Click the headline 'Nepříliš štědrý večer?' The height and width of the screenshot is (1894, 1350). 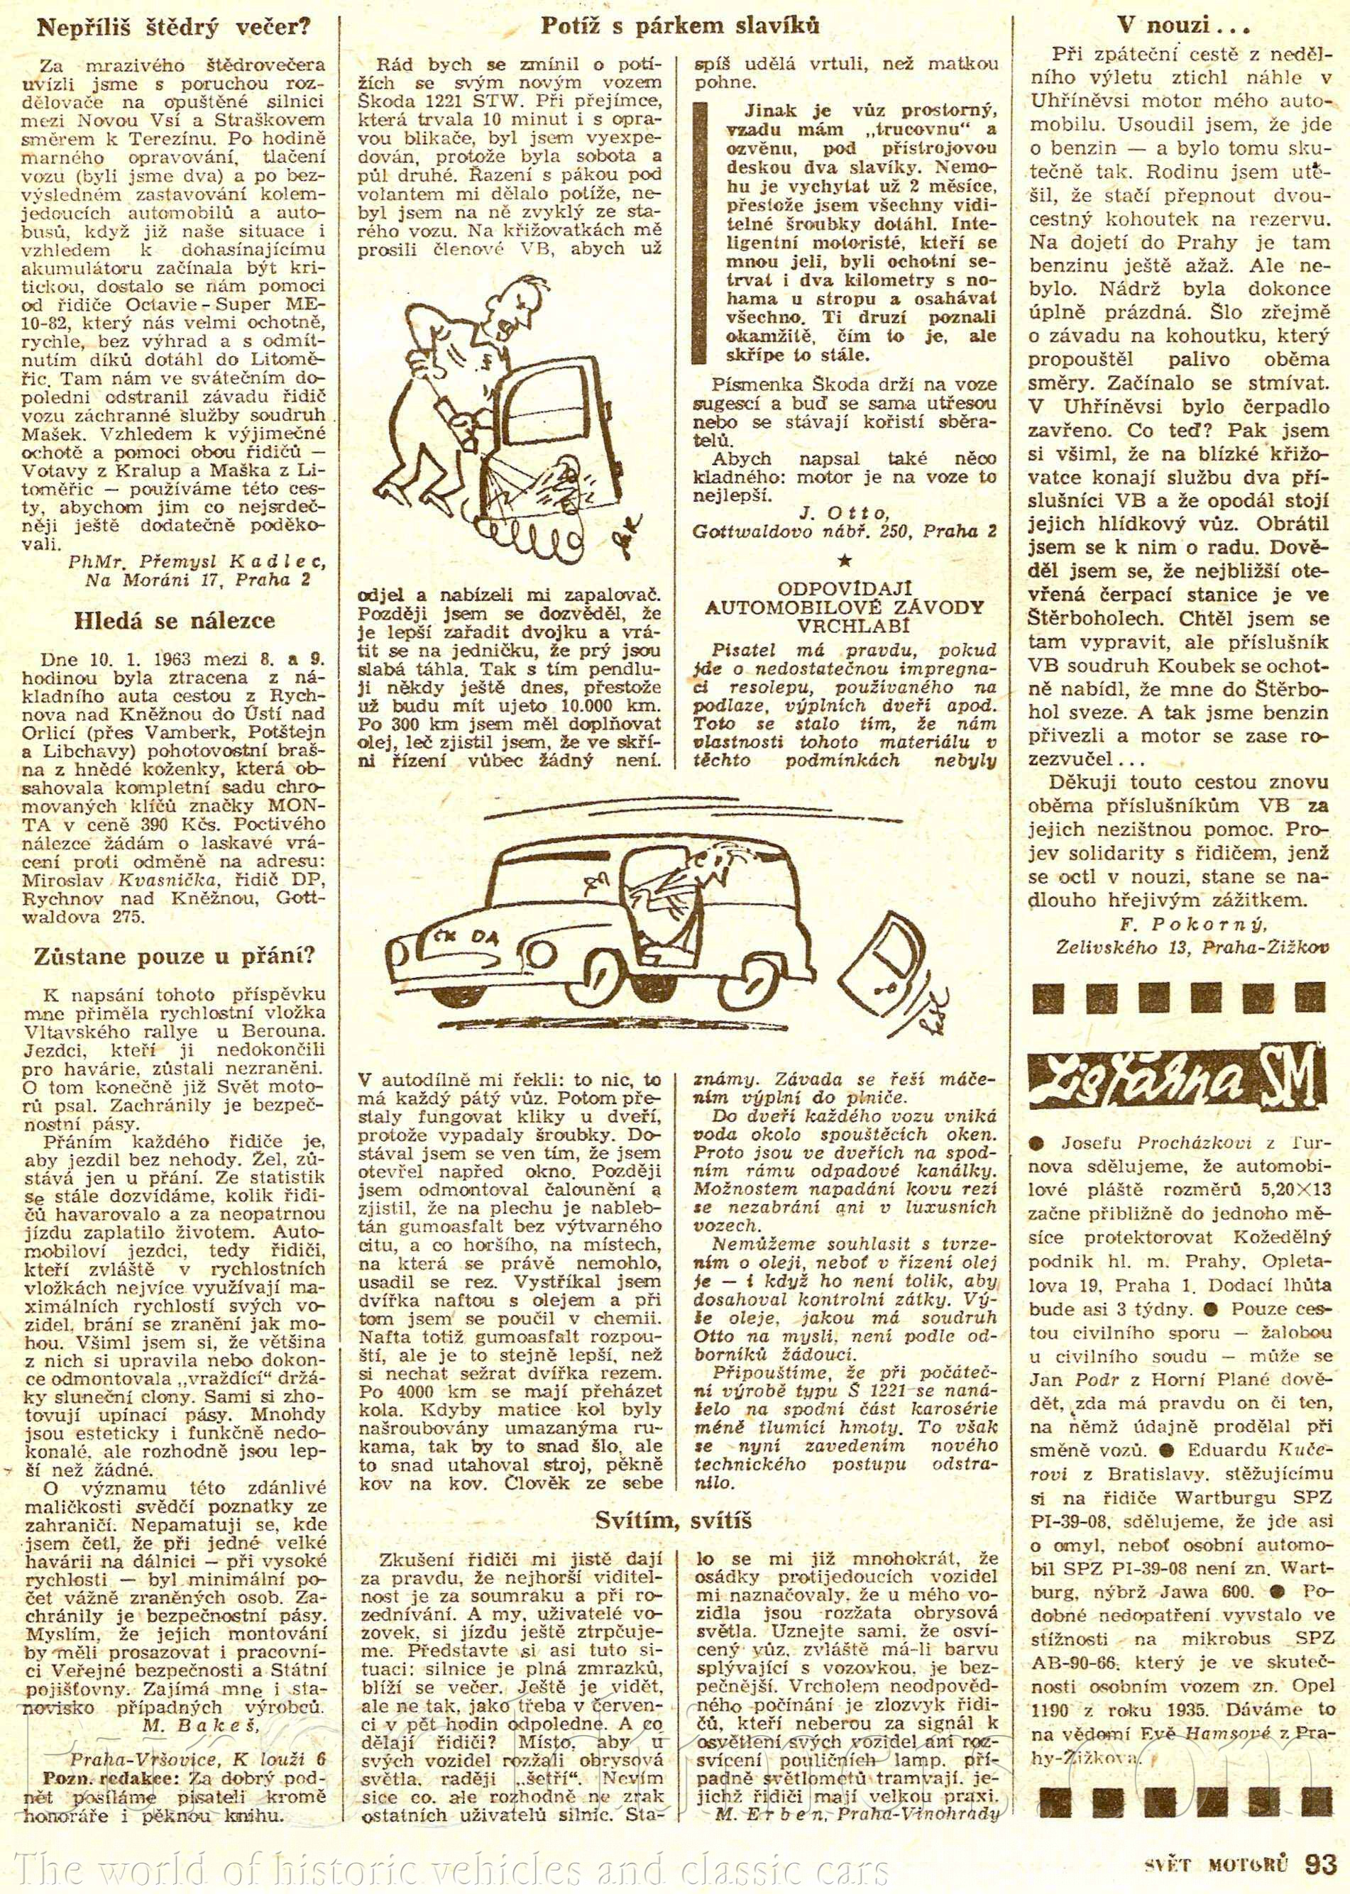tap(174, 28)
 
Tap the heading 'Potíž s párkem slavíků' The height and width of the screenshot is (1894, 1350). tap(679, 26)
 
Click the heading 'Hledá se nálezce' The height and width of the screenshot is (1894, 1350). tap(174, 621)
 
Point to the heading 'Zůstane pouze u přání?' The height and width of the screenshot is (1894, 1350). tap(174, 957)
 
